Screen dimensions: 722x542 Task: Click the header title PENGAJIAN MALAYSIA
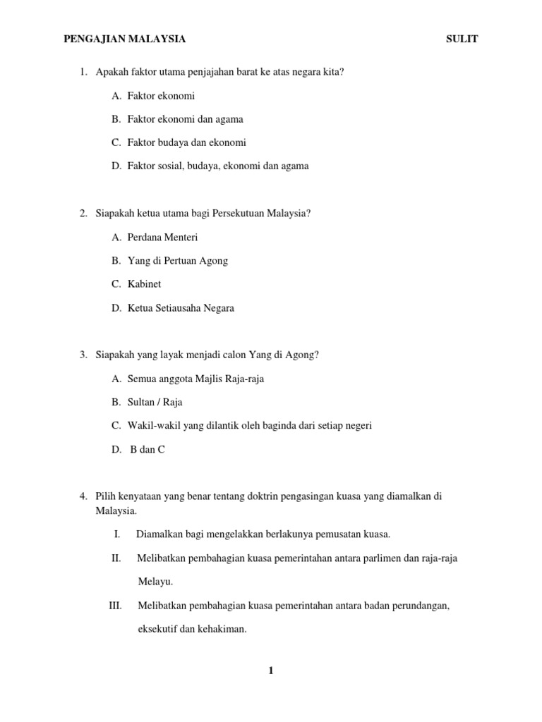point(125,39)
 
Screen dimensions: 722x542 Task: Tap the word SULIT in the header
point(462,39)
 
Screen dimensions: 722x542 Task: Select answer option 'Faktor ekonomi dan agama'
point(186,119)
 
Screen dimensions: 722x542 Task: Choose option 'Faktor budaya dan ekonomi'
point(187,142)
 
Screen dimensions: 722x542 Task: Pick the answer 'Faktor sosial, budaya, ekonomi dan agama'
point(218,166)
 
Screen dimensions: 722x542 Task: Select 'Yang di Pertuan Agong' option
point(178,261)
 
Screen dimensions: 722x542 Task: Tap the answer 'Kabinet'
point(145,284)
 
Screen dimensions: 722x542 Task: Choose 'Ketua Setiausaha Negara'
point(181,308)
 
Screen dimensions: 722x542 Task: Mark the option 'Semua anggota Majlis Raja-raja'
point(196,379)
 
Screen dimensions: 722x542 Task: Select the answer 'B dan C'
point(147,449)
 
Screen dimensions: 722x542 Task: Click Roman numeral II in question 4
point(116,558)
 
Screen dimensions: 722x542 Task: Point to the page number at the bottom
point(270,671)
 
